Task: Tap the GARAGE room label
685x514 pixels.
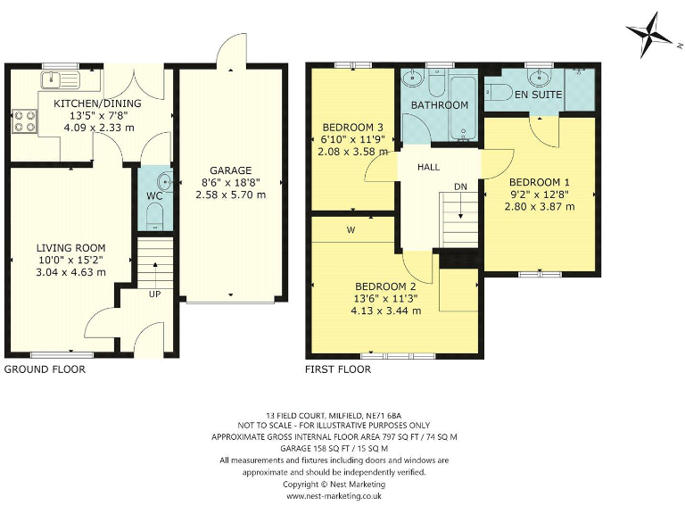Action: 230,170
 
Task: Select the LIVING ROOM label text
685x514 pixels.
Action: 70,248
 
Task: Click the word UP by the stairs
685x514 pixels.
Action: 155,294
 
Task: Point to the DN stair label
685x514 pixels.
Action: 460,187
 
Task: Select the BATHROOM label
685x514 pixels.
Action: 439,105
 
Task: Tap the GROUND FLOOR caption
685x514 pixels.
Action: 45,369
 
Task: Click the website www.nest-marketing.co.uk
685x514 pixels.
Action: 334,495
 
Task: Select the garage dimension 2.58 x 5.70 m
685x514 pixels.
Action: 230,195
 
